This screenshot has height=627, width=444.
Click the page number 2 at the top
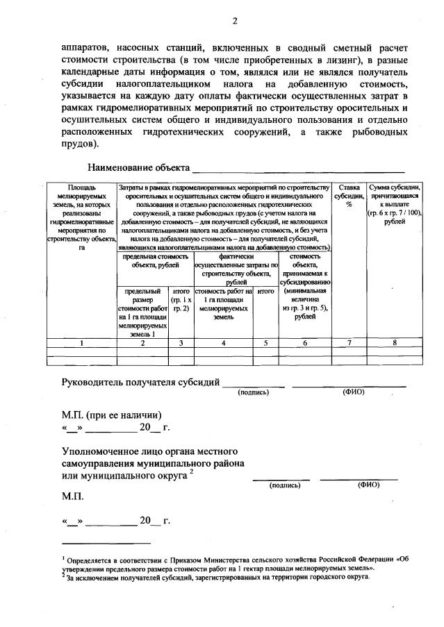235,20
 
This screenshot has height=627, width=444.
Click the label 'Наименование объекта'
138,168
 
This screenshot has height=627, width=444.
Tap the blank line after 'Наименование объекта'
298,170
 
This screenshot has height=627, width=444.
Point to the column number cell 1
81,342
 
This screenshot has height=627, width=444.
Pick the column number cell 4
223,342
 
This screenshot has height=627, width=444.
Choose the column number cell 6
304,342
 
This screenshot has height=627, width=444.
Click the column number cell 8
394,342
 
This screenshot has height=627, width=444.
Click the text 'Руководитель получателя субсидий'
140,382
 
